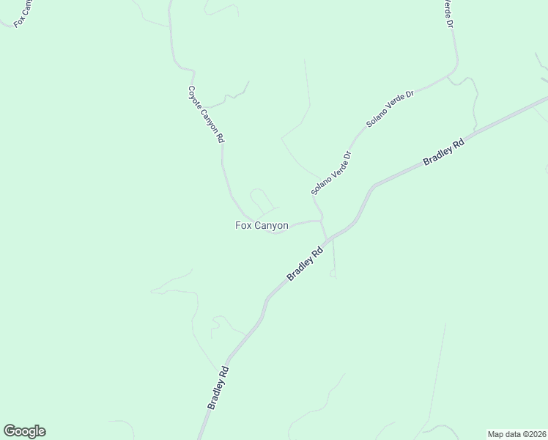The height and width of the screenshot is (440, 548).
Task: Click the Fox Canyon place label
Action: [262, 226]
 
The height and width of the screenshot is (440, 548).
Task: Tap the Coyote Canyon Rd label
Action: [206, 114]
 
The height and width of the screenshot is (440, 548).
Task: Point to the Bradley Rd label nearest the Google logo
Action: [218, 388]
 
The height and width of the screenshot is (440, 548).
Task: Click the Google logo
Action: [24, 431]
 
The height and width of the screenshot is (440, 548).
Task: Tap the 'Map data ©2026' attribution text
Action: [516, 433]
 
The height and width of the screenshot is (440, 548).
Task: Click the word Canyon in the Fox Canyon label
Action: [272, 226]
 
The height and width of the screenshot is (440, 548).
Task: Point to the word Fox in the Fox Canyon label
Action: [243, 226]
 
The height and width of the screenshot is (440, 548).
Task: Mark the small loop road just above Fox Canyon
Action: [261, 198]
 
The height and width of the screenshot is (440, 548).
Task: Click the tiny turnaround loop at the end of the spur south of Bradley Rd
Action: [333, 274]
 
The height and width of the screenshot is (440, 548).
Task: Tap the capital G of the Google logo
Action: [10, 431]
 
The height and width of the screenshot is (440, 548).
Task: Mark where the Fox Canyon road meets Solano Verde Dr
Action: [321, 220]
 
